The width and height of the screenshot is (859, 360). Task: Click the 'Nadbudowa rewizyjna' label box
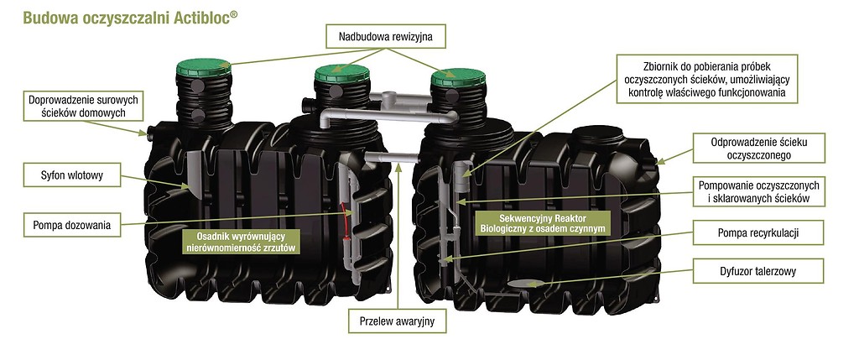(x=386, y=37)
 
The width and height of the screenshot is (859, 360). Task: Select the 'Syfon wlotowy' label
(x=72, y=176)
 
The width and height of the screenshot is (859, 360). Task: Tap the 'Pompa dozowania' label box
(x=72, y=225)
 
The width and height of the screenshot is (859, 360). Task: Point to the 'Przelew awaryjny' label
(x=397, y=321)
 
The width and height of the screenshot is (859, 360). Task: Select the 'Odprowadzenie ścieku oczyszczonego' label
(x=758, y=148)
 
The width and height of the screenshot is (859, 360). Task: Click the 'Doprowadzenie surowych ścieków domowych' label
(x=83, y=107)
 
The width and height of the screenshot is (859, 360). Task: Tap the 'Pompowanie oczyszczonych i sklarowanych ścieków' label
(x=758, y=191)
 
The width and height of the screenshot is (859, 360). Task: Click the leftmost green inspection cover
(x=204, y=69)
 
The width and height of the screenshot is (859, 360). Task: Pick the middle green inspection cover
(x=343, y=73)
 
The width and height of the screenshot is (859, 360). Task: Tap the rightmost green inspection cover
(x=458, y=77)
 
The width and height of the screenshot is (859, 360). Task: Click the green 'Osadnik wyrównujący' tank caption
(x=241, y=242)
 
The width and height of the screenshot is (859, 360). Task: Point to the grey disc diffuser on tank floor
(x=527, y=284)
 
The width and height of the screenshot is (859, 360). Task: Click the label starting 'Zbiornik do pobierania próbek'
(x=706, y=79)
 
